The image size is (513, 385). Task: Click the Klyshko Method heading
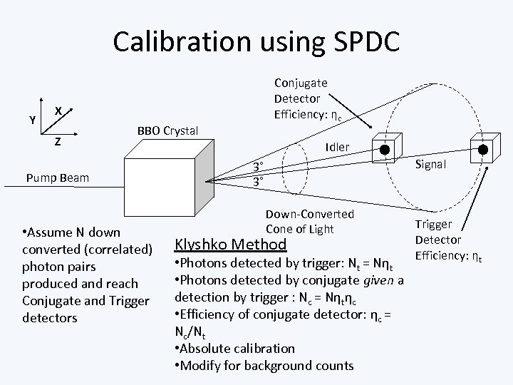(231, 245)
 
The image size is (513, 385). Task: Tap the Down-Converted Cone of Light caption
(309, 220)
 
